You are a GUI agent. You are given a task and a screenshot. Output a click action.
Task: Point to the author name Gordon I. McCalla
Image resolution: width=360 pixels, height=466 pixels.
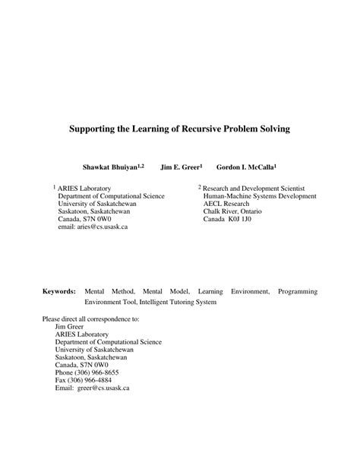pyautogui.click(x=245, y=165)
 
